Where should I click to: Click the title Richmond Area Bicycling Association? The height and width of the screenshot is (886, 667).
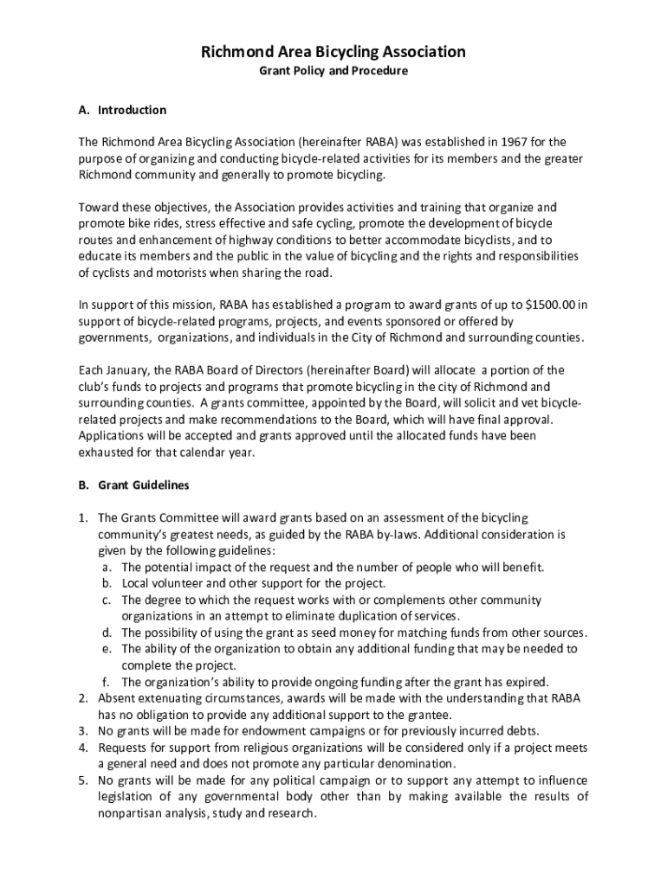tap(333, 52)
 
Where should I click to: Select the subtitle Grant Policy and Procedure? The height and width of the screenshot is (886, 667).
tap(333, 71)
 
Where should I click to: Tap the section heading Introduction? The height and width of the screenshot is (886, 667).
tap(132, 111)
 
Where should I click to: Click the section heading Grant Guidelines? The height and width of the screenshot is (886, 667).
tap(144, 485)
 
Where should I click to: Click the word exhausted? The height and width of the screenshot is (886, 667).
tap(107, 453)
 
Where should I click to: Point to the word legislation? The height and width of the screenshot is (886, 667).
tap(126, 797)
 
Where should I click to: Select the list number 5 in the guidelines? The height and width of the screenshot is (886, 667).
tap(84, 780)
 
